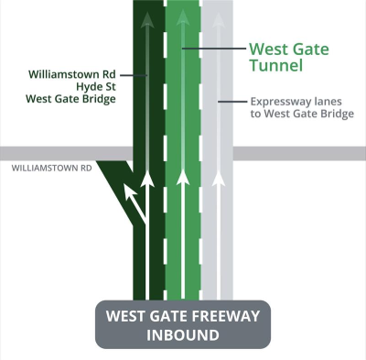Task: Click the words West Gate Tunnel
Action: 289,57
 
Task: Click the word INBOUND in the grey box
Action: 183,334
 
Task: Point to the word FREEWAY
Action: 224,316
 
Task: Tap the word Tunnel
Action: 276,66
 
